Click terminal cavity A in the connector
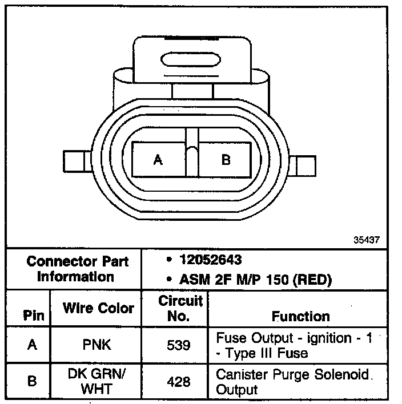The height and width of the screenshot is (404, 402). (x=158, y=160)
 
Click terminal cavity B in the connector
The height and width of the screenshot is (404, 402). (x=226, y=160)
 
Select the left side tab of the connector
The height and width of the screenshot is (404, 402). (x=75, y=162)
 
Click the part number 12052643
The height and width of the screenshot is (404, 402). (x=210, y=260)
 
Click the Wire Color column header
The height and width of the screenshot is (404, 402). (x=98, y=309)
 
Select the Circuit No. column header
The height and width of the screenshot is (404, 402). (x=180, y=308)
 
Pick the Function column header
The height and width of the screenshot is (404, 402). (x=300, y=316)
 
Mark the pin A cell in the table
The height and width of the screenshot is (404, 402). (x=31, y=345)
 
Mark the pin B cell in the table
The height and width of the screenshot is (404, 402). (x=31, y=381)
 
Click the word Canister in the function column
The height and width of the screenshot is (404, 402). (x=239, y=375)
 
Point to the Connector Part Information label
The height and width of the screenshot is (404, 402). (x=78, y=269)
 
